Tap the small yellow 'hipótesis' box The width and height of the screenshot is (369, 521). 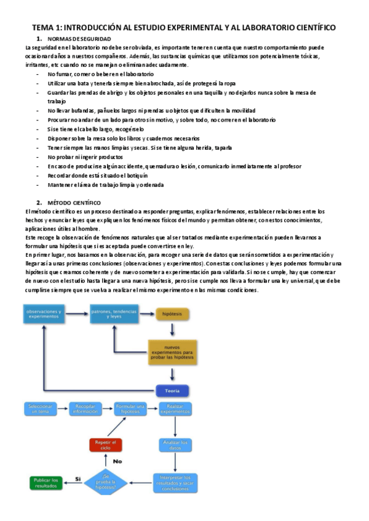[167, 314]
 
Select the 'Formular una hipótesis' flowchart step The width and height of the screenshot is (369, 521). [130, 409]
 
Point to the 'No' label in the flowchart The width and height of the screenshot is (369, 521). [119, 461]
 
